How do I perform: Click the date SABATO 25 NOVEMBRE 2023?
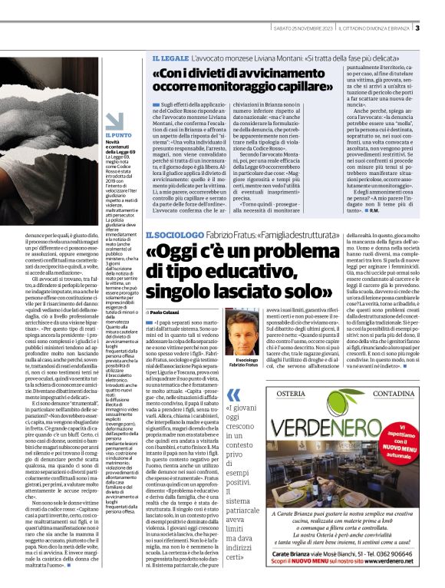point(304,29)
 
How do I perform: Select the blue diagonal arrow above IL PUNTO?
point(113,121)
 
